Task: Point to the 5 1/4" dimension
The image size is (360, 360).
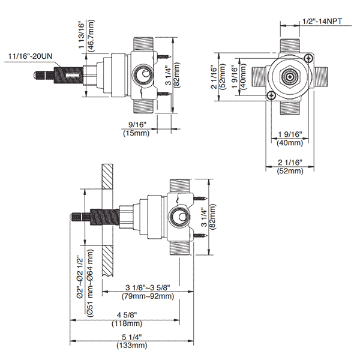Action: [x=136, y=336]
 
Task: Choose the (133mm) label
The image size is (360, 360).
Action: [x=136, y=345]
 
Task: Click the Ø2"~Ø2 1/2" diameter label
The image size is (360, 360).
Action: [x=80, y=278]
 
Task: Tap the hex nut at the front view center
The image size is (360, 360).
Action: [x=289, y=77]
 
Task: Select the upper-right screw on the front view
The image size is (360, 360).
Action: [x=308, y=58]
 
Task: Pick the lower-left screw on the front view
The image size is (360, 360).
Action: [x=271, y=95]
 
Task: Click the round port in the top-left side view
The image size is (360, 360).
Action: [x=143, y=76]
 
